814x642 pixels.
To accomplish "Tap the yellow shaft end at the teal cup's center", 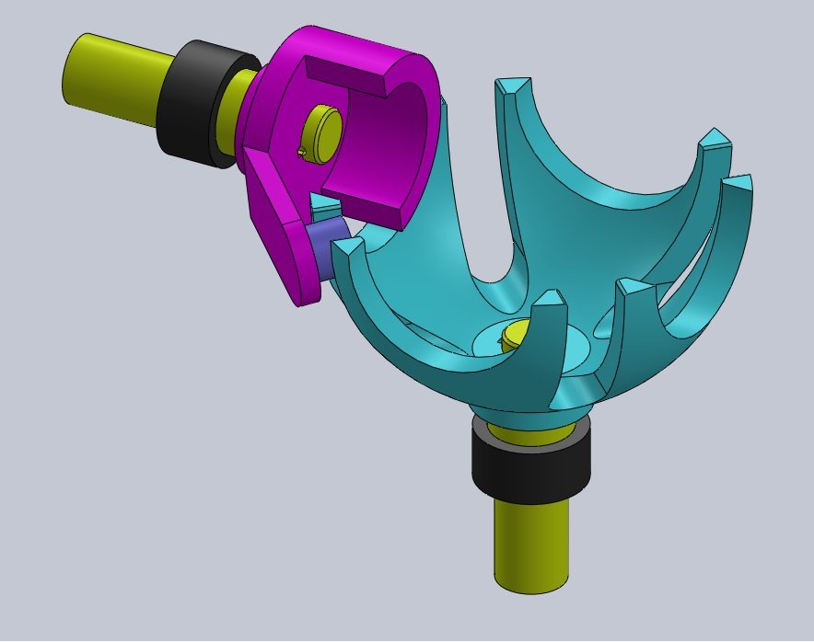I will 519,334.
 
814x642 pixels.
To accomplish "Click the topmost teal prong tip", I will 513,87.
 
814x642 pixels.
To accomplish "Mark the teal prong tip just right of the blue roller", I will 348,246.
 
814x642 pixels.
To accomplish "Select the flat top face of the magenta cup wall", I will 345,75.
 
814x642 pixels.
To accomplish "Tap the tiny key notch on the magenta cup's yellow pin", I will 303,151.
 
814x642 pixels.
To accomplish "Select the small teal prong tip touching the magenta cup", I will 322,204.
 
